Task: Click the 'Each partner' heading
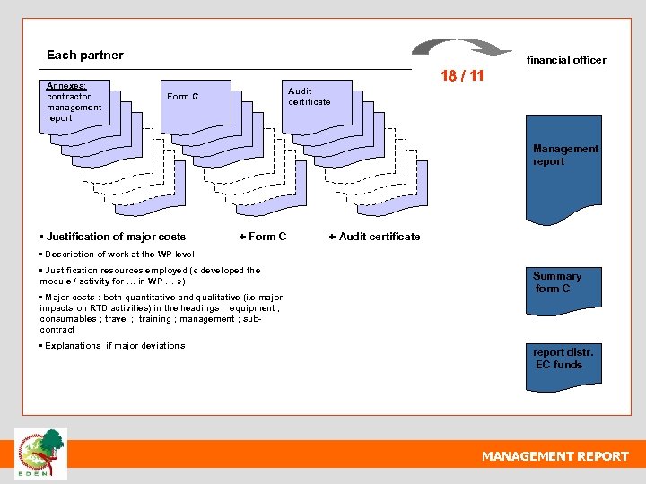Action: [84, 55]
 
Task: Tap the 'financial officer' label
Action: [565, 60]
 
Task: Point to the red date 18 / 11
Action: [461, 76]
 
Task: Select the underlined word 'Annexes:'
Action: [66, 86]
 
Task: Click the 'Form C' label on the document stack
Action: [182, 96]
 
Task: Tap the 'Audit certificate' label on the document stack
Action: [309, 96]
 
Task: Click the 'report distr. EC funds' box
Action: [562, 363]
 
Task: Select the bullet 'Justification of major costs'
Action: [113, 237]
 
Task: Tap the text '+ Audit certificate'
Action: [374, 237]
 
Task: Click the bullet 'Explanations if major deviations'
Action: [113, 346]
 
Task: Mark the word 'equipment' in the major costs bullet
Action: [252, 308]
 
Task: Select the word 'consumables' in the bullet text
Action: [65, 319]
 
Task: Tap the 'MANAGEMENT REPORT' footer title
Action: [554, 456]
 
